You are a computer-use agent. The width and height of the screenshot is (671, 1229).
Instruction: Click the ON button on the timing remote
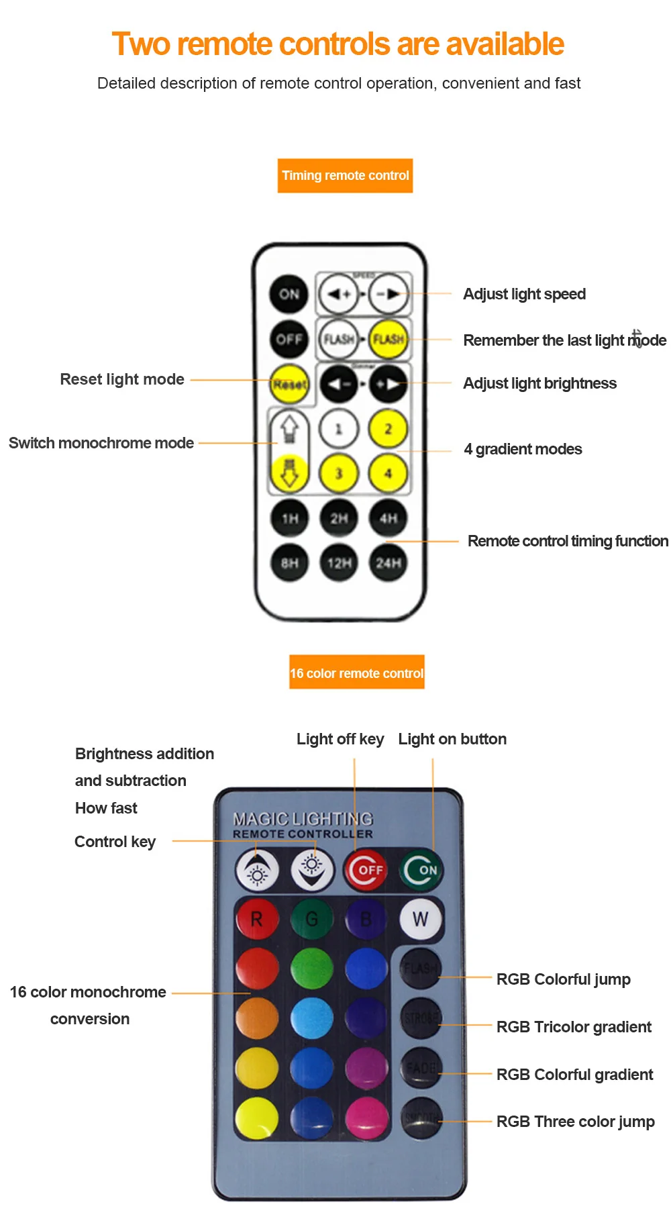click(x=289, y=293)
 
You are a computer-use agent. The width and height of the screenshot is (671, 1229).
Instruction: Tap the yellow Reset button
click(x=289, y=384)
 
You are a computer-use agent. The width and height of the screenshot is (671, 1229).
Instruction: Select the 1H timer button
click(x=289, y=518)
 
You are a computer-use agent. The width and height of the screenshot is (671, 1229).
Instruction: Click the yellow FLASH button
click(x=389, y=339)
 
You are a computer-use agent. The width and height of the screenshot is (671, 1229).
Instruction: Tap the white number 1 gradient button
click(x=338, y=428)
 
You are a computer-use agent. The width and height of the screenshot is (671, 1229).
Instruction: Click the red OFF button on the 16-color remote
click(x=366, y=870)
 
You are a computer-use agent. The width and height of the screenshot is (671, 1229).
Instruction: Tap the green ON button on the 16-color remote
click(x=421, y=870)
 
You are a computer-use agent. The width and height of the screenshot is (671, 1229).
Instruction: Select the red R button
click(x=256, y=919)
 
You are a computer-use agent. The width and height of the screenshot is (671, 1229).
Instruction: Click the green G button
click(x=311, y=919)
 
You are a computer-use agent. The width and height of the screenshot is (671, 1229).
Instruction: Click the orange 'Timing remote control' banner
click(x=345, y=176)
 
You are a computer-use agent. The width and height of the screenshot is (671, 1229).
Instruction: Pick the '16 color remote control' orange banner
click(x=357, y=673)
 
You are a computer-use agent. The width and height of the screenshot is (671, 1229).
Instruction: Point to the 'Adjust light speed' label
click(x=524, y=294)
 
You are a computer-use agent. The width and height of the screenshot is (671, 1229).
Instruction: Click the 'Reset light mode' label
click(x=122, y=379)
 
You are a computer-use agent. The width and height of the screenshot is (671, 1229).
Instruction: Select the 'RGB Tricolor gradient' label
click(x=574, y=1027)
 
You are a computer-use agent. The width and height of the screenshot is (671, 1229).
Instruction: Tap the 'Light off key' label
click(x=340, y=739)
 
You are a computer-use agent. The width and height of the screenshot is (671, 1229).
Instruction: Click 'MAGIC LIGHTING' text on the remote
click(x=303, y=819)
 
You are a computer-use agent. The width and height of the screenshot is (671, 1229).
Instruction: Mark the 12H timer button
click(x=339, y=562)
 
